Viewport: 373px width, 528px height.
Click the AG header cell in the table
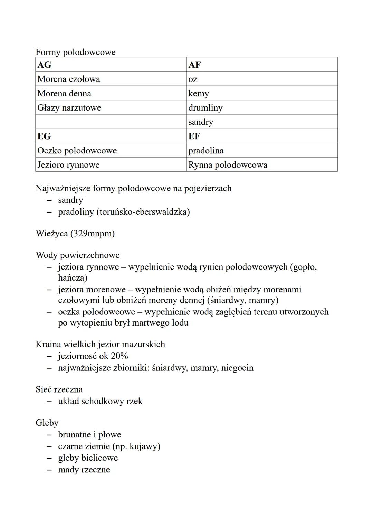[111, 65]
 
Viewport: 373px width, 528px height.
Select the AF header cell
[261, 65]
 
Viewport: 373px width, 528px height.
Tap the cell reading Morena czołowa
[111, 79]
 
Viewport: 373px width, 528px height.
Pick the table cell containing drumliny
[261, 107]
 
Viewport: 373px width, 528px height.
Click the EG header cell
[111, 136]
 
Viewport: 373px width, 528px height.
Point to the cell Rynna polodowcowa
[261, 165]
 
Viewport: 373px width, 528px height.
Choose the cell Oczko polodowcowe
[111, 151]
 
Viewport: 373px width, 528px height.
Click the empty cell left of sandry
[111, 122]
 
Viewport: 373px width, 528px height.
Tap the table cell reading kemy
[261, 93]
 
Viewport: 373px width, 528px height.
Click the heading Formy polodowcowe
[75, 52]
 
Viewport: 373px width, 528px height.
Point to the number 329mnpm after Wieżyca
[92, 234]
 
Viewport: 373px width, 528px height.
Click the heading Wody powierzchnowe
[77, 255]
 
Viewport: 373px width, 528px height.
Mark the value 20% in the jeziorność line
[119, 356]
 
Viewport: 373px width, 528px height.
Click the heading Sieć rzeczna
[59, 389]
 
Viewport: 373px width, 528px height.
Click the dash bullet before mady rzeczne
[50, 470]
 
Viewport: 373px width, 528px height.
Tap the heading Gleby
[47, 423]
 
